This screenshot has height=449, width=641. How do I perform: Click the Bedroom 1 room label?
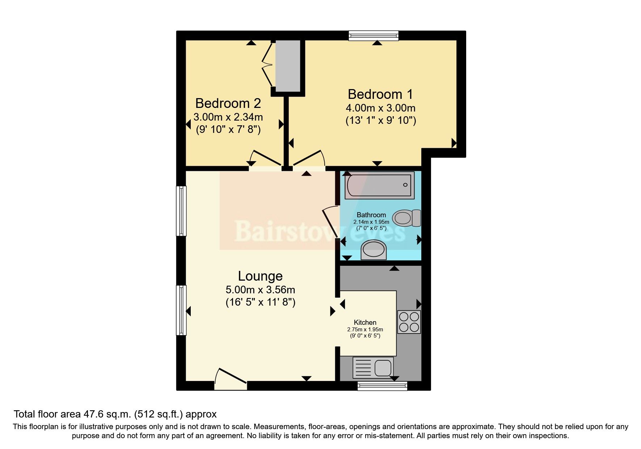tap(380, 95)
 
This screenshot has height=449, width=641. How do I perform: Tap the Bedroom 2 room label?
tap(228, 104)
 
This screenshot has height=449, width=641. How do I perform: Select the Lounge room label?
tap(260, 276)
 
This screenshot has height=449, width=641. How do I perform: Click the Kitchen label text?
tap(365, 322)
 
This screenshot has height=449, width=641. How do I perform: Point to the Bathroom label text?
tap(371, 215)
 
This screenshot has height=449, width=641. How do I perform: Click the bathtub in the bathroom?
tap(379, 186)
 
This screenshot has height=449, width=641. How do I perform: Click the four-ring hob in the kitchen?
tap(409, 322)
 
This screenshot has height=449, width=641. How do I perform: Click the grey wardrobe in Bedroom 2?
tap(288, 66)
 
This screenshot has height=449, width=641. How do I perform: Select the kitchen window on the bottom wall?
tap(382, 386)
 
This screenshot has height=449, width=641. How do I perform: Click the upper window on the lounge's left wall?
tap(181, 211)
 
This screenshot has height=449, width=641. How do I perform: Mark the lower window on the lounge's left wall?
tap(181, 310)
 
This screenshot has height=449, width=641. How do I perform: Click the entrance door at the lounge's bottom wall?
tap(230, 380)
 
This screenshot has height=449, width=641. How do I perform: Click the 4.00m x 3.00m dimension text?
tap(380, 108)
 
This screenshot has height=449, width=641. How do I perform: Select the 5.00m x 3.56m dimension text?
tap(260, 290)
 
